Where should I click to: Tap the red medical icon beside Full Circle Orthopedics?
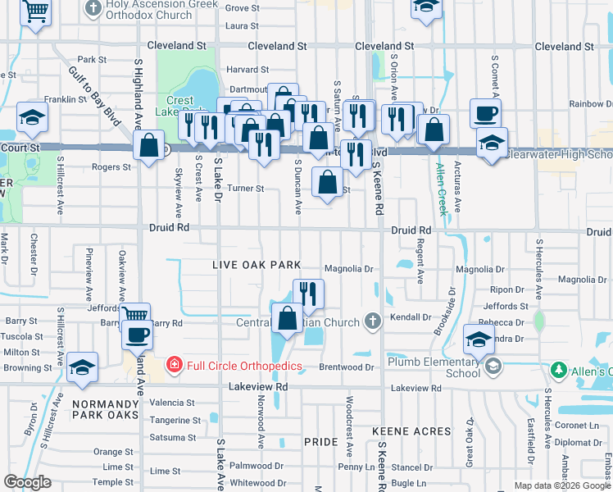click(174, 364)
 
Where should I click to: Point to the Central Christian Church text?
click(307, 322)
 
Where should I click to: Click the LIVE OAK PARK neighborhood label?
click(257, 265)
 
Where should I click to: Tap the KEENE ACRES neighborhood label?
click(411, 430)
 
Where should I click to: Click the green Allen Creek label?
click(443, 189)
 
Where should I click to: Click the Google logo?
click(27, 482)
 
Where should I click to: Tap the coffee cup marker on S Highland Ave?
click(138, 335)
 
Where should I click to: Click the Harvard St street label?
click(248, 70)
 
